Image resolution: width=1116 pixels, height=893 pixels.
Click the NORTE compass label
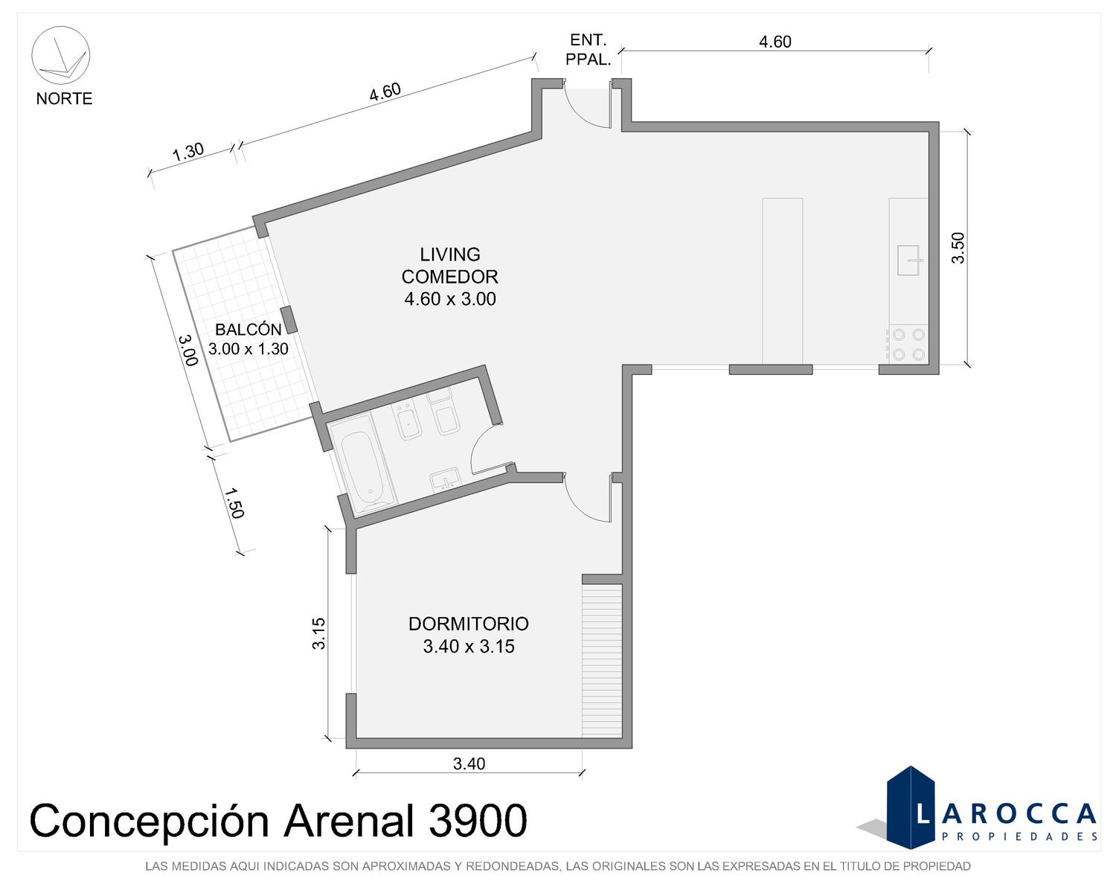[64, 98]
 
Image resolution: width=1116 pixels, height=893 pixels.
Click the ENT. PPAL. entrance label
[588, 50]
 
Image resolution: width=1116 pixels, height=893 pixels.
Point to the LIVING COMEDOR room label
[449, 277]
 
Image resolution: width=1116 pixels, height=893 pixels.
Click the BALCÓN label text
[248, 330]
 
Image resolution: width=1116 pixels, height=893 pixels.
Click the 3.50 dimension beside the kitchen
[958, 248]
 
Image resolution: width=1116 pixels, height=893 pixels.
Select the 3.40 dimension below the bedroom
[469, 764]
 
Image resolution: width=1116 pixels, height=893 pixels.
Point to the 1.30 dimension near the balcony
[187, 153]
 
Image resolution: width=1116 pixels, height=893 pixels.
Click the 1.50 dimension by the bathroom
[234, 502]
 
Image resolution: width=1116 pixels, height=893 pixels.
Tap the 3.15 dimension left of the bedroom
[318, 633]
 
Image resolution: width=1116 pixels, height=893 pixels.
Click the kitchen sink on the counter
[908, 260]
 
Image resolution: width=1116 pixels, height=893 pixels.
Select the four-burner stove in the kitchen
[908, 344]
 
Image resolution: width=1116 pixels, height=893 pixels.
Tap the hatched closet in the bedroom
[602, 660]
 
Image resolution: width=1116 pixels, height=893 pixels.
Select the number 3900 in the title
[478, 820]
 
